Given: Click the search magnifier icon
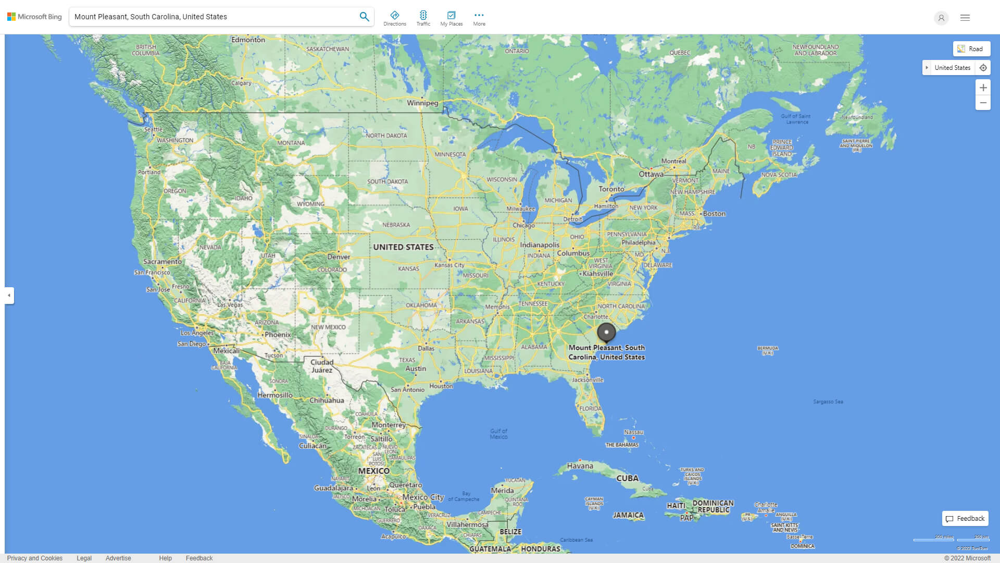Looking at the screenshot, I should point(364,17).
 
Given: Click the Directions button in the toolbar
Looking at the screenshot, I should point(395,18).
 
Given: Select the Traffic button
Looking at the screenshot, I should point(423,18).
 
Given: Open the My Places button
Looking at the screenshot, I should point(451,18).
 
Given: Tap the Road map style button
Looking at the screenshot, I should point(971,49).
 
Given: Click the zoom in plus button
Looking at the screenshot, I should point(983,88).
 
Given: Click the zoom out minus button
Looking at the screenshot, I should point(983,103).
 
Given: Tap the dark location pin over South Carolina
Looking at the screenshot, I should point(606,332).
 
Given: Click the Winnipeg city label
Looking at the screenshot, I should point(422,103).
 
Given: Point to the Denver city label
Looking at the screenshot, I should point(339,257).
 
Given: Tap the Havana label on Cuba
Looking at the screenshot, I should point(580,466).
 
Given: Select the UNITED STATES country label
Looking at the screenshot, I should point(403,247).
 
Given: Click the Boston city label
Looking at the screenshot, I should point(714,214).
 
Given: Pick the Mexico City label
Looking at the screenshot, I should point(422,497).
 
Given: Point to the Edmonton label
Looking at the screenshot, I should point(248,40).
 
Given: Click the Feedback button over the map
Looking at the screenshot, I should point(965,519).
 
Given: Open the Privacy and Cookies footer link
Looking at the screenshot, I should point(35,558).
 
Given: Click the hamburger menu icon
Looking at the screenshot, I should point(965,18).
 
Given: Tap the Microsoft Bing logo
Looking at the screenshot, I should point(34,17).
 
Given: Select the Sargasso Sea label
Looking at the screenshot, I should point(828,402).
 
